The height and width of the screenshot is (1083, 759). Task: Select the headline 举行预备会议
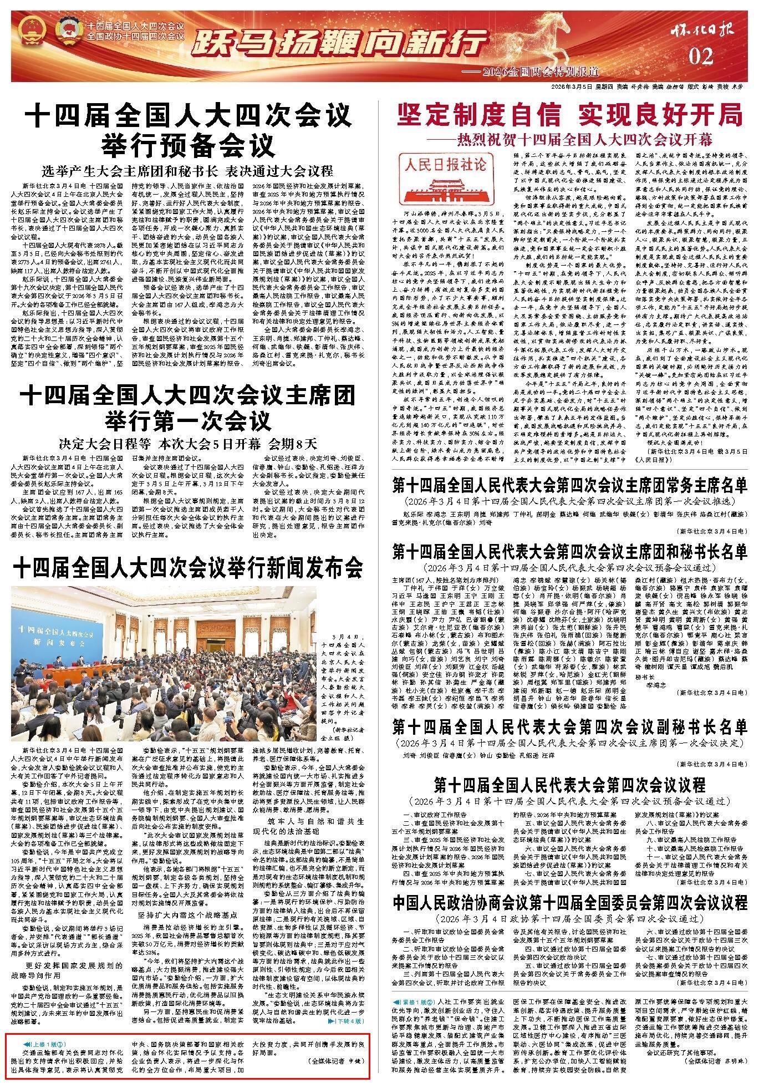pos(188,145)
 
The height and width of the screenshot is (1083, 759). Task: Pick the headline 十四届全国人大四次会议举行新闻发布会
pos(188,567)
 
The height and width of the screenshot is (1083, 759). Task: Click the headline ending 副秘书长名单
pos(570,727)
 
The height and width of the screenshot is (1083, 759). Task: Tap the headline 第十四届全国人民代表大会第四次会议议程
pos(570,785)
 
